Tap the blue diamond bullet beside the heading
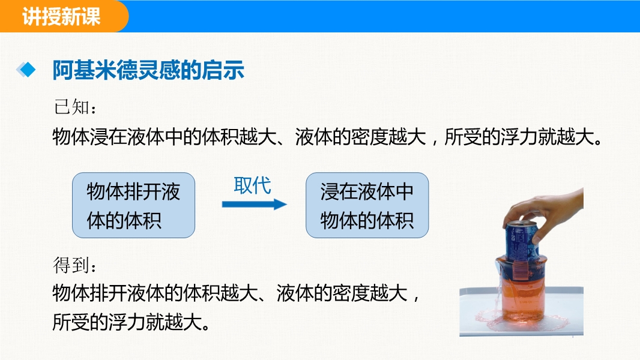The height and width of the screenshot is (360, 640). click(26, 70)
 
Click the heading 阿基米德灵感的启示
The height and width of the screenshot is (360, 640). click(148, 70)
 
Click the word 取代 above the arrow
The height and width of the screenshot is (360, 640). click(252, 186)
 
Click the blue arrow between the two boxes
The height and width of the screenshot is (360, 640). click(255, 204)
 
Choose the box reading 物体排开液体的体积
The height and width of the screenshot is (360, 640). click(133, 205)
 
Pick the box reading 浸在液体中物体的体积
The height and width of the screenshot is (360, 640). click(367, 205)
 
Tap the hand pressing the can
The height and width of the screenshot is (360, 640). click(547, 212)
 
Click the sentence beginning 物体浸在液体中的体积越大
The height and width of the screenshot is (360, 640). click(327, 137)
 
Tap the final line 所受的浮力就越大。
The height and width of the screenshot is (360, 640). click(131, 322)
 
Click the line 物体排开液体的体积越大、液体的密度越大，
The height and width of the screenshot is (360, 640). click(236, 293)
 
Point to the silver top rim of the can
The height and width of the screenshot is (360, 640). click(521, 224)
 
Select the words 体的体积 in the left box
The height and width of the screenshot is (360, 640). click(124, 220)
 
